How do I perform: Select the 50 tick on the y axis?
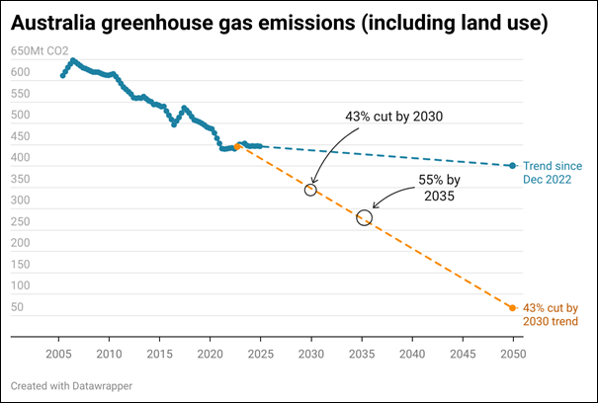pos(18,308)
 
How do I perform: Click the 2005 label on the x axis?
pos(58,353)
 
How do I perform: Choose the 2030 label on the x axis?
pos(311,353)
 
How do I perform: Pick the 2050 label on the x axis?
pos(512,353)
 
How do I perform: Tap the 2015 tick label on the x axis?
pos(159,353)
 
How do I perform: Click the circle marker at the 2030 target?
pos(310,189)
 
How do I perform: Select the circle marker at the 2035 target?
pos(364,217)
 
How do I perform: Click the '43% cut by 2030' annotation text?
pos(393,117)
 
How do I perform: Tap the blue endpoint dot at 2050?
pos(512,166)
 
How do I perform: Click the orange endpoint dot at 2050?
pos(512,308)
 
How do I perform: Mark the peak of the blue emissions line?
pos(72,60)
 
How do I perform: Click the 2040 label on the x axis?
pos(412,353)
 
